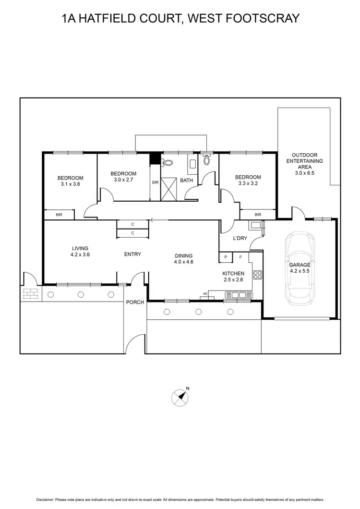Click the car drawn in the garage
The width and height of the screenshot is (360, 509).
(x=299, y=267)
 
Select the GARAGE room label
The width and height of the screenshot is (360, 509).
(x=299, y=265)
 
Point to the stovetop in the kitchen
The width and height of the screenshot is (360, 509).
(x=258, y=275)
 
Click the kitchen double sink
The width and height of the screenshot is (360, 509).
(x=238, y=295)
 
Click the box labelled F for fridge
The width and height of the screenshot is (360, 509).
(x=241, y=258)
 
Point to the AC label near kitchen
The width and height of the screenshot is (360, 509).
(x=205, y=293)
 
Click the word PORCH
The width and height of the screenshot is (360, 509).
(x=135, y=303)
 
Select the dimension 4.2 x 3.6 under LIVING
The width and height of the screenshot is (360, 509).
(x=79, y=255)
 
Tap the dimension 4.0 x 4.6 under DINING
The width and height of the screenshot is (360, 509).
(x=183, y=262)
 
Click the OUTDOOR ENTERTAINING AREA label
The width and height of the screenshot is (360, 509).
(x=304, y=164)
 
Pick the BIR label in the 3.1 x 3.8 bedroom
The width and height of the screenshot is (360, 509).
(x=59, y=215)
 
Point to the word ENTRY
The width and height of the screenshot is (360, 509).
(x=132, y=254)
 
